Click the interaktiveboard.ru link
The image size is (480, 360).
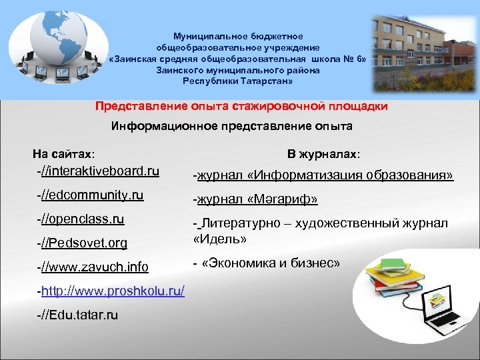(100, 171)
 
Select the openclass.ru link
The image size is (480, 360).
(83, 219)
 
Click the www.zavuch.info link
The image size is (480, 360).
(94, 267)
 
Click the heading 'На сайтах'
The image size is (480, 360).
(63, 154)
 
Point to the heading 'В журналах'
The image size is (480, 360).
(323, 154)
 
